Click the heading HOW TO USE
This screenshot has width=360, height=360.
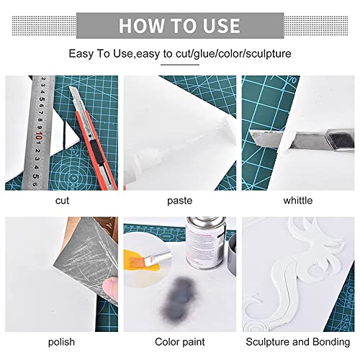coord(179,26)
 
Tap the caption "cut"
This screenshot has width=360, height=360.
coord(62,201)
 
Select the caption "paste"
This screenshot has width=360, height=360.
coord(180,201)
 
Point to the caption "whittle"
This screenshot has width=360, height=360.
coord(298,200)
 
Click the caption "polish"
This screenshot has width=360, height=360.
coord(61,342)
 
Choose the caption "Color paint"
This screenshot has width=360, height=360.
coord(180,342)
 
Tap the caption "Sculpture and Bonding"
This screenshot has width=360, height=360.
coord(298,342)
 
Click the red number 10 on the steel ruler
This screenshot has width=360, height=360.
coord(39,136)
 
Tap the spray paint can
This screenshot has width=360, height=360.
coord(206,243)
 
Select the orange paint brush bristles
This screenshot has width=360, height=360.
coord(136,261)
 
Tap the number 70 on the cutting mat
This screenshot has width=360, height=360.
coord(292,80)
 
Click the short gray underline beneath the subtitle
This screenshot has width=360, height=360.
coord(180,65)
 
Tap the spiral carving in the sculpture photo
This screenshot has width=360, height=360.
coord(255,325)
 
